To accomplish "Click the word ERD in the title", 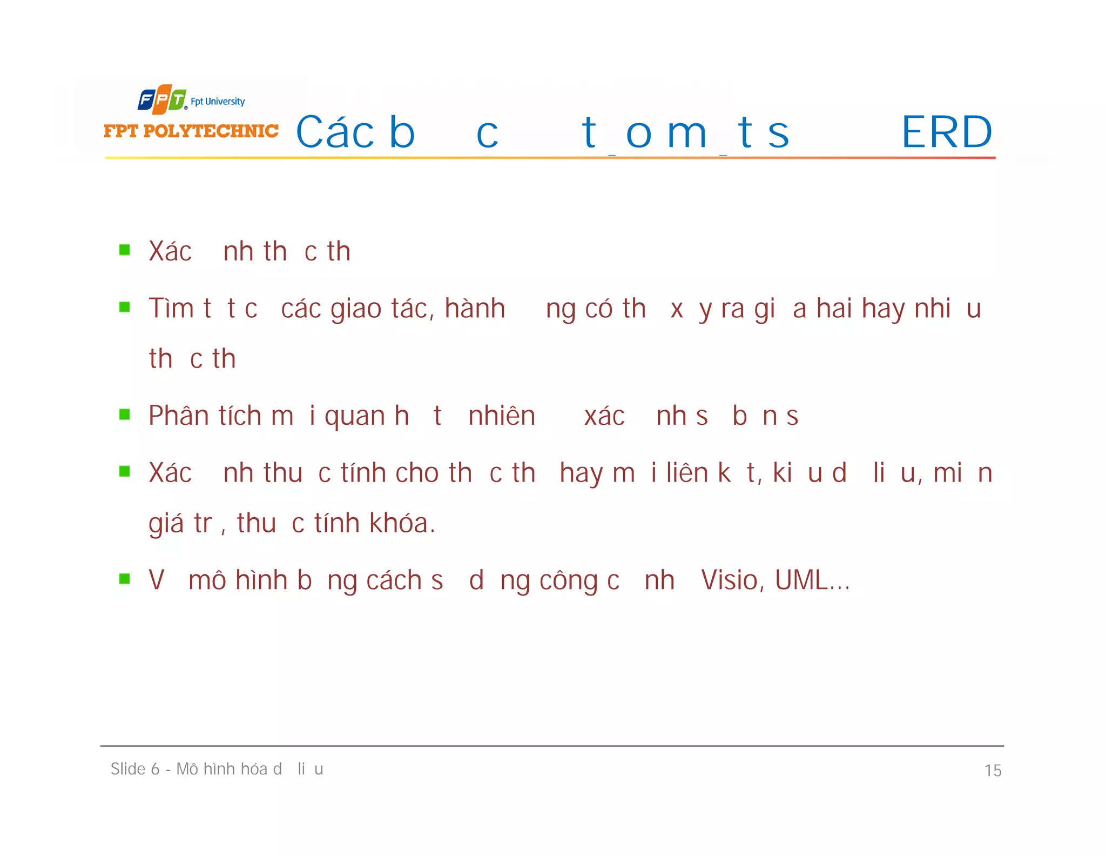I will (x=947, y=132).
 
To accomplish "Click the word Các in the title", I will (x=335, y=132).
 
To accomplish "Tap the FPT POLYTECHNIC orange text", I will (x=191, y=131).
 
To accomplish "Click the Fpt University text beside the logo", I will (x=218, y=101).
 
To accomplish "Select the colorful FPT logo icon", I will (x=162, y=99).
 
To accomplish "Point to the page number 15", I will (x=993, y=770).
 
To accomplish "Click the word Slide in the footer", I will (x=127, y=769).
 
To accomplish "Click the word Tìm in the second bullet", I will (x=171, y=308).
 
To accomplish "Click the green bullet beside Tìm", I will (x=125, y=307).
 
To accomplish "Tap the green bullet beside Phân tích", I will (x=125, y=415).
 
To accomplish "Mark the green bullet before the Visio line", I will (x=125, y=579).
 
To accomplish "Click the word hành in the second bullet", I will (x=475, y=308).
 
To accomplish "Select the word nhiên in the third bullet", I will (x=502, y=416).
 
